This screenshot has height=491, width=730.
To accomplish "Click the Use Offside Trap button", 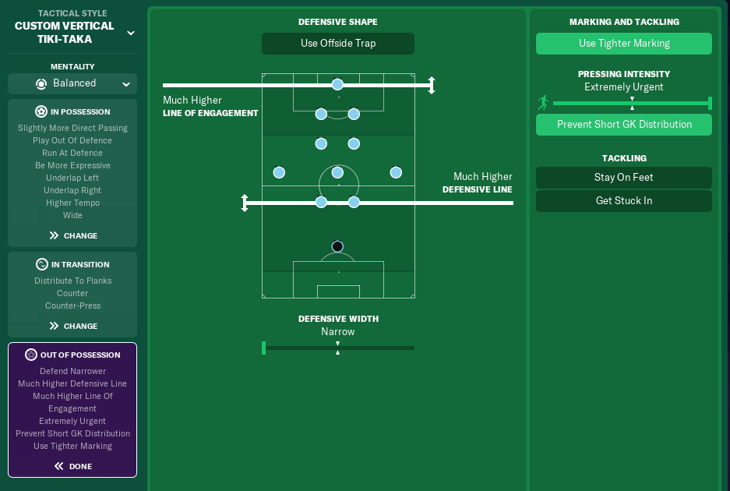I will tap(338, 44).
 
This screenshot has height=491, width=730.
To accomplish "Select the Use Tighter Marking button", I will tap(624, 44).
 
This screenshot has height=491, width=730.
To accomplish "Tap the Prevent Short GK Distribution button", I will tap(624, 125).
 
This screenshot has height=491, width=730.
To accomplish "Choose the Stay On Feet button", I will tap(624, 178).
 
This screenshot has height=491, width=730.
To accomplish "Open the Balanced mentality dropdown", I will tap(72, 83).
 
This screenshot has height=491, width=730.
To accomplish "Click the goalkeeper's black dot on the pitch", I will tap(337, 246).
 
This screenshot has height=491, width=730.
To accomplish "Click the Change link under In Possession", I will tap(73, 235).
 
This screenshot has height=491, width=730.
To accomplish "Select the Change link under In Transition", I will tap(73, 326).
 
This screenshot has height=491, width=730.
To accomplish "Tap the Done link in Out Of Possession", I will tap(73, 466).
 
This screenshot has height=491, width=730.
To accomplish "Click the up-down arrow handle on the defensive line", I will tap(245, 203).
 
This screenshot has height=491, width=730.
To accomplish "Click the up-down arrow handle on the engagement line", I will tap(432, 85).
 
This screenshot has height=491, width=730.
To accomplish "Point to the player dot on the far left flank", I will tap(279, 172).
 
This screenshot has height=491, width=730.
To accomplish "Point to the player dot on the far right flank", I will tap(396, 172).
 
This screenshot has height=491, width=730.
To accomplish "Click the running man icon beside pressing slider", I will tap(543, 103).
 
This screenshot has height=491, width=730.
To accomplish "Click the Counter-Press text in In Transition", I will tap(72, 306).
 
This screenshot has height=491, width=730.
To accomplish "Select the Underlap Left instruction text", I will tap(72, 178).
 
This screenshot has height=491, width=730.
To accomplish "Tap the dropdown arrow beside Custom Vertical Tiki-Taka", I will tap(131, 33).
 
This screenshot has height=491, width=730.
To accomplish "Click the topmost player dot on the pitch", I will tap(337, 84).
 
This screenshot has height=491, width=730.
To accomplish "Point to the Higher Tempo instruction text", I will tap(72, 203).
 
